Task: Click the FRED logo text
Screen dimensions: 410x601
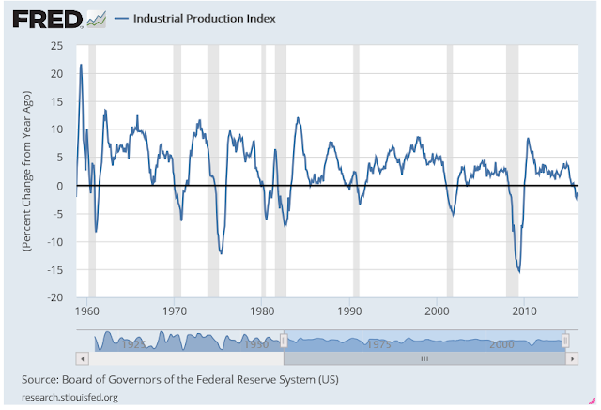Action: click(x=42, y=19)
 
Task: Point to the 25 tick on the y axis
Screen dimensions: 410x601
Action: click(x=56, y=45)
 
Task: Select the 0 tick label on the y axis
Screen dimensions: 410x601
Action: click(x=59, y=186)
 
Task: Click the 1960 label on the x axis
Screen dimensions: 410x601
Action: click(x=87, y=311)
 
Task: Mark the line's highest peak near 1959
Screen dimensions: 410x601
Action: click(x=81, y=65)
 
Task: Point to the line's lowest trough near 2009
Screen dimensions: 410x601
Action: click(x=519, y=271)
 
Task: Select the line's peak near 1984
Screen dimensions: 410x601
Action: click(x=298, y=118)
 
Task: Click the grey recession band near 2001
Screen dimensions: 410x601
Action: click(x=450, y=169)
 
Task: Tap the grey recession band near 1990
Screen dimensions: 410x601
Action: click(x=355, y=169)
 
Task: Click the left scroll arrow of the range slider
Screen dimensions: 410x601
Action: click(x=83, y=358)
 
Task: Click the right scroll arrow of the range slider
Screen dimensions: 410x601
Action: click(x=573, y=358)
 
